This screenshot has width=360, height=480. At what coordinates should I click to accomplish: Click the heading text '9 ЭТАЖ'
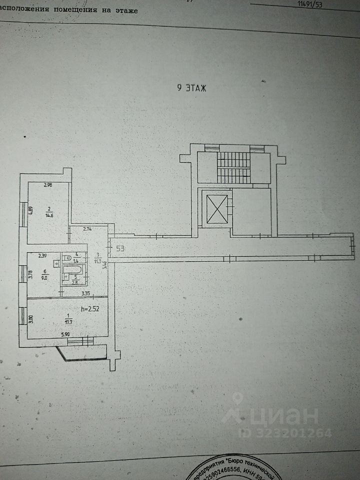pos(192,88)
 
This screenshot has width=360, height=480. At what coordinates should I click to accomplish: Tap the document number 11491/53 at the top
pos(310,4)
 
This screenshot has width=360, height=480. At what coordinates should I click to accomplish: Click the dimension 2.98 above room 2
pos(48,185)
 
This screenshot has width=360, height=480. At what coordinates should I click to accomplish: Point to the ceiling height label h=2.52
pos(90,309)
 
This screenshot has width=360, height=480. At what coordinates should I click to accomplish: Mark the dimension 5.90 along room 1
pos(66,334)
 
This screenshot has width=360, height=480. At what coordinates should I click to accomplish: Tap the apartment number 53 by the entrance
pos(120,248)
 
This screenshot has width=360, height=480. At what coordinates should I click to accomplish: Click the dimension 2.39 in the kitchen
pos(43,256)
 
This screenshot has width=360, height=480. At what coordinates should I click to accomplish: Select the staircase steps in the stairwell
pos(233,167)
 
